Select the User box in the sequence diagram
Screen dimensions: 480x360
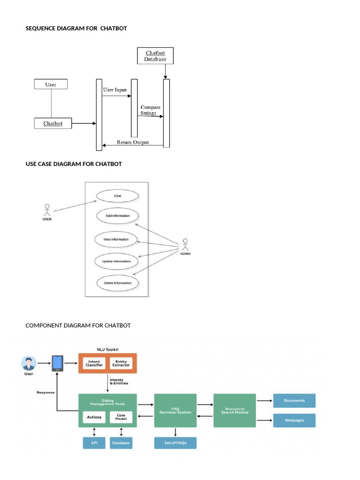[x=51, y=84]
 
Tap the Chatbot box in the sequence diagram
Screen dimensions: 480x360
[x=53, y=124]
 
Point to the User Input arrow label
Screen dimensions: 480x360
[x=114, y=90]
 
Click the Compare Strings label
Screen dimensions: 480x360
[x=150, y=110]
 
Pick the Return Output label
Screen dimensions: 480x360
[x=133, y=142]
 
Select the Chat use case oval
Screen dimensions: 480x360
[x=117, y=196]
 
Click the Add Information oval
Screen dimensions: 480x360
[x=118, y=216]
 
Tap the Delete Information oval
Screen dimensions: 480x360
[x=118, y=283]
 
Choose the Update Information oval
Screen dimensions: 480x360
[x=116, y=261]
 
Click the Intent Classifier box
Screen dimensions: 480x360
[x=94, y=363]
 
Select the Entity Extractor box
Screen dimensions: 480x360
[x=121, y=363]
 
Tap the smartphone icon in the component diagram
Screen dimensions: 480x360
[x=58, y=363]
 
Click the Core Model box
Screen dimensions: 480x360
[x=121, y=417]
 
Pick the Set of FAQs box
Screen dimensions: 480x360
[x=175, y=443]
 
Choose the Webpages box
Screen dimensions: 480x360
[x=294, y=420]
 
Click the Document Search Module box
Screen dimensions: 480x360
[x=234, y=410]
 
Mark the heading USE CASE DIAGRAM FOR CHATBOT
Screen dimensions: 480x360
[x=74, y=164]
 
